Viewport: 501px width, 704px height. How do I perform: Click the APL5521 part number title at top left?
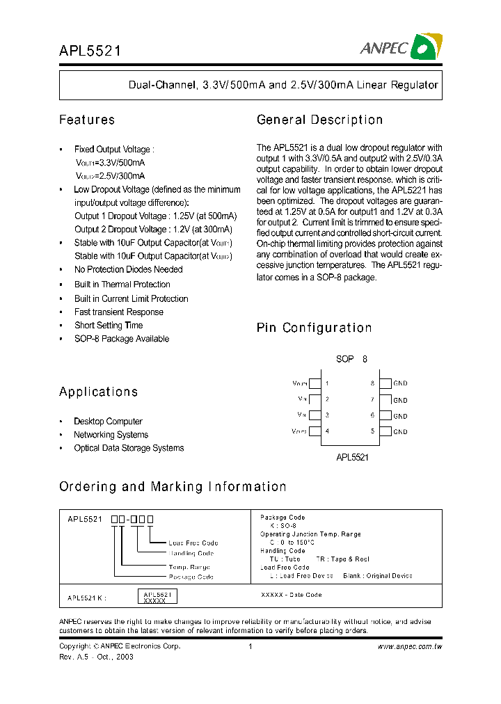click(x=90, y=50)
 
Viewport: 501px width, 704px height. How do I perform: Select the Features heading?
click(x=87, y=120)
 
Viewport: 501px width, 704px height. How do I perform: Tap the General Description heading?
click(x=319, y=120)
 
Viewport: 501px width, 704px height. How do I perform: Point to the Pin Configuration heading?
click(x=314, y=328)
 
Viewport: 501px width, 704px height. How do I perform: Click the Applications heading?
click(x=98, y=392)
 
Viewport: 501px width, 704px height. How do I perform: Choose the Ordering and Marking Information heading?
click(x=173, y=487)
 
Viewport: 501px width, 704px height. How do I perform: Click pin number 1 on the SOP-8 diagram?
click(x=327, y=383)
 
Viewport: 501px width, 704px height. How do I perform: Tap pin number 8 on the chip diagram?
click(x=372, y=383)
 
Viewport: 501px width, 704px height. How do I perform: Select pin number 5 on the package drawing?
click(x=372, y=431)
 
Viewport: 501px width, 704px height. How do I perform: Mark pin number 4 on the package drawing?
click(x=327, y=431)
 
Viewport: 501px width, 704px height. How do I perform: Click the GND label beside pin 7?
click(x=400, y=400)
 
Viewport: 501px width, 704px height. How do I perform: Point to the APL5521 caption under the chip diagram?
click(x=352, y=458)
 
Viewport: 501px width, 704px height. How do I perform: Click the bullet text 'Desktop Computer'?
click(x=108, y=422)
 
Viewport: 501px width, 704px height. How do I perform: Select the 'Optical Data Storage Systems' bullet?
click(x=129, y=448)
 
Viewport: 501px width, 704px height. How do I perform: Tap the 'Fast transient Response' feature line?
click(x=119, y=312)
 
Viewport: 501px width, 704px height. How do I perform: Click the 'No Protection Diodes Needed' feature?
click(x=129, y=269)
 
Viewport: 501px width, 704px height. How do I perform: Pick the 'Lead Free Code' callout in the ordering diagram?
click(x=193, y=543)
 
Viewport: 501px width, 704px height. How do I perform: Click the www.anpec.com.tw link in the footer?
click(x=409, y=646)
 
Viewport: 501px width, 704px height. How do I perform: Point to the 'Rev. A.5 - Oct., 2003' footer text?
click(x=96, y=657)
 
